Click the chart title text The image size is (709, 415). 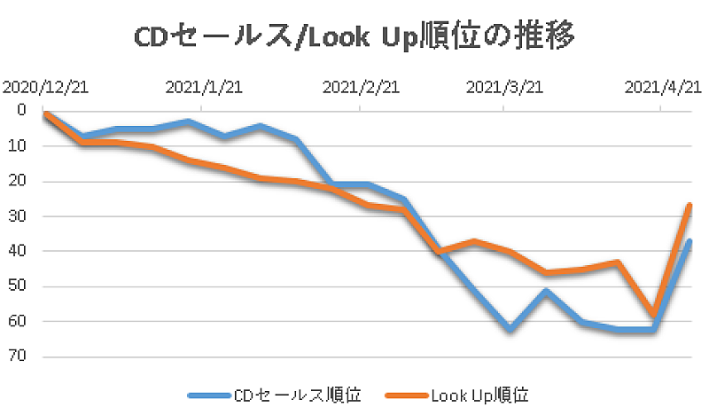tap(354, 37)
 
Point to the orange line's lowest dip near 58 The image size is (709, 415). tap(654, 315)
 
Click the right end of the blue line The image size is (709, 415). tap(689, 241)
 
